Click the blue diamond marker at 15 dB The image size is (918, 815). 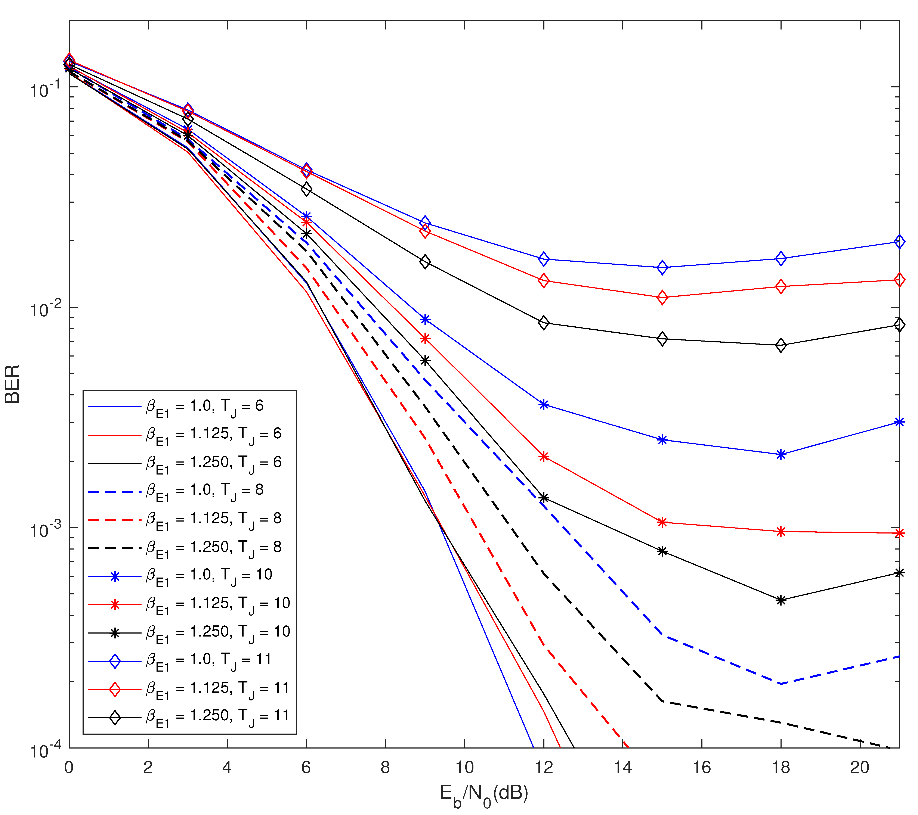(662, 268)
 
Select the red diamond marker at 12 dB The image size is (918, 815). (543, 281)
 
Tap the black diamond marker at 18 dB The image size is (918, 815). (781, 345)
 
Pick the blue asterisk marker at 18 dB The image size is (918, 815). (781, 454)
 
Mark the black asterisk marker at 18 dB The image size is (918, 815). (781, 600)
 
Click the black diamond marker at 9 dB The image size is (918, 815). (425, 262)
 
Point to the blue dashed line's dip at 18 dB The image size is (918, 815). (781, 683)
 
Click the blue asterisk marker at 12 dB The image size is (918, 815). (543, 405)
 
